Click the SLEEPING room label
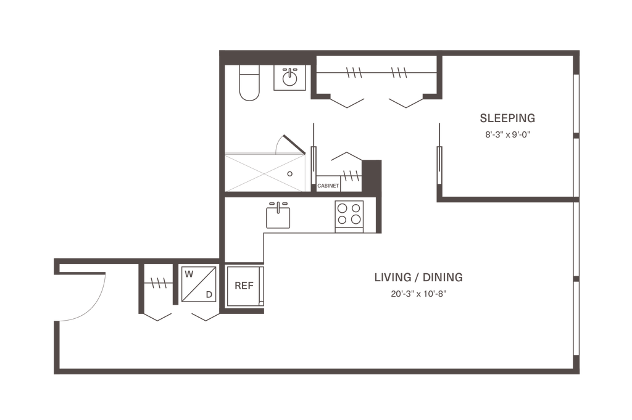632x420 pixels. (507, 117)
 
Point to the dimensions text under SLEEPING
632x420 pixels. (507, 136)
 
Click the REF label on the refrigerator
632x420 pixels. (245, 286)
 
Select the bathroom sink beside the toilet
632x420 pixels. (289, 78)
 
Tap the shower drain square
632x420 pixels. (289, 173)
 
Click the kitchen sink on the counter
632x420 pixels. (278, 216)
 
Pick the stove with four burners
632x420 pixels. (350, 214)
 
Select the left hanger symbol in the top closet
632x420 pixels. (354, 73)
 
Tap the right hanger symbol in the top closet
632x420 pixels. (399, 73)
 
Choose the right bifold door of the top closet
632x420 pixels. (406, 101)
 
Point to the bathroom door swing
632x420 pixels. (291, 144)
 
